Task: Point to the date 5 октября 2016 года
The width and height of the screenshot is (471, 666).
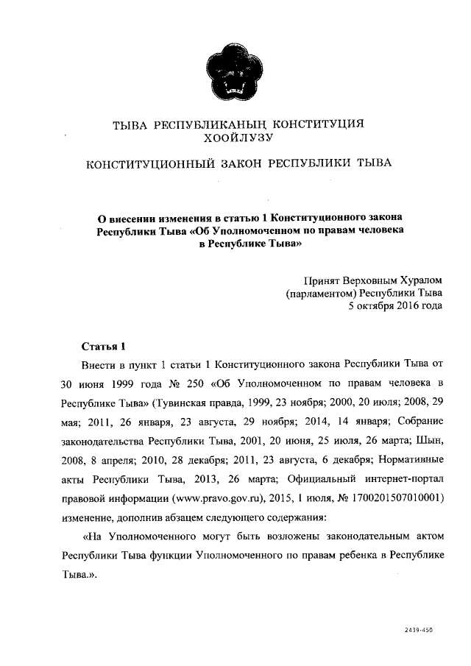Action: [x=395, y=306]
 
